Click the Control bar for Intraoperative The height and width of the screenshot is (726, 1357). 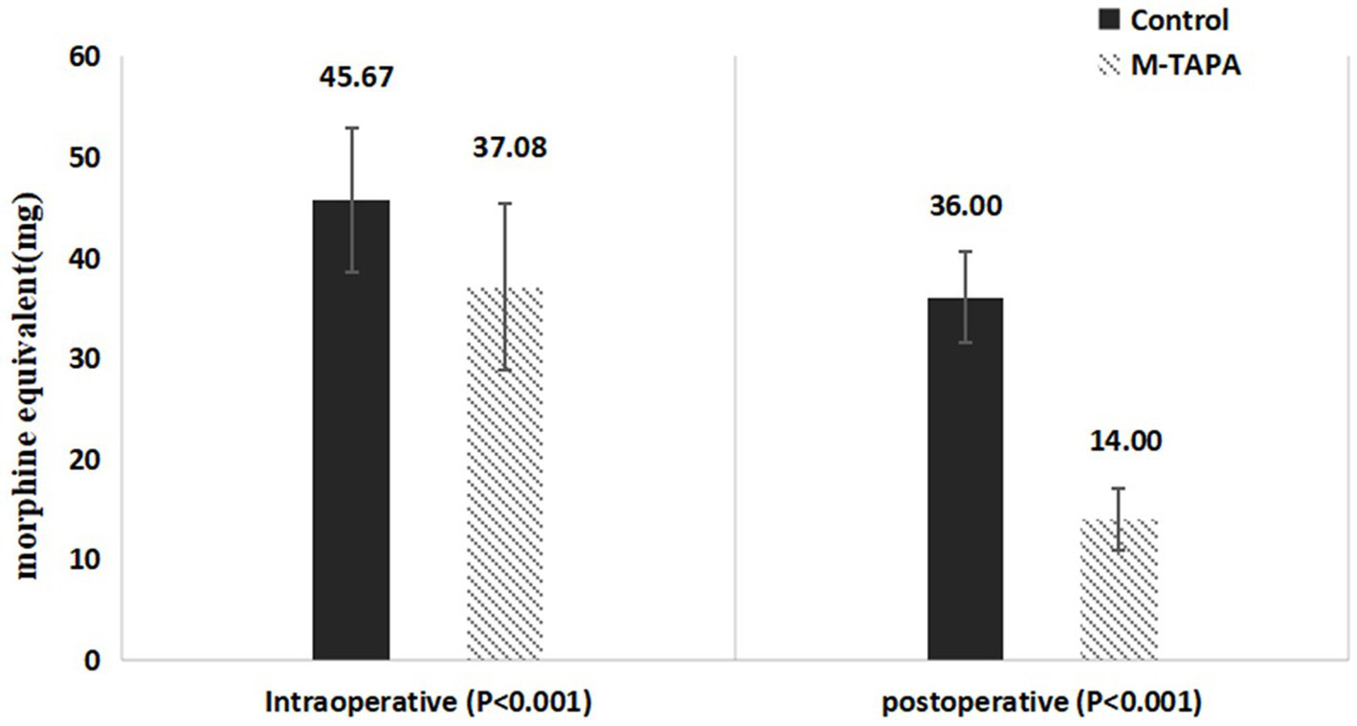350,431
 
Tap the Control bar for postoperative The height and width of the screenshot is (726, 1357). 966,479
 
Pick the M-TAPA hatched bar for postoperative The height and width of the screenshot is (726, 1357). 1119,589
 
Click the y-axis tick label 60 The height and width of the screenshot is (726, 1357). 84,57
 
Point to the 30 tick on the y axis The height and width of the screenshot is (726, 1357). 84,359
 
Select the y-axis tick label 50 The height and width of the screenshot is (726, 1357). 84,158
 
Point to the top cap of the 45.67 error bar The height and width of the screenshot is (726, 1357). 351,127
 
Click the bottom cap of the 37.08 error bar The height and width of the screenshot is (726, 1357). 504,370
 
